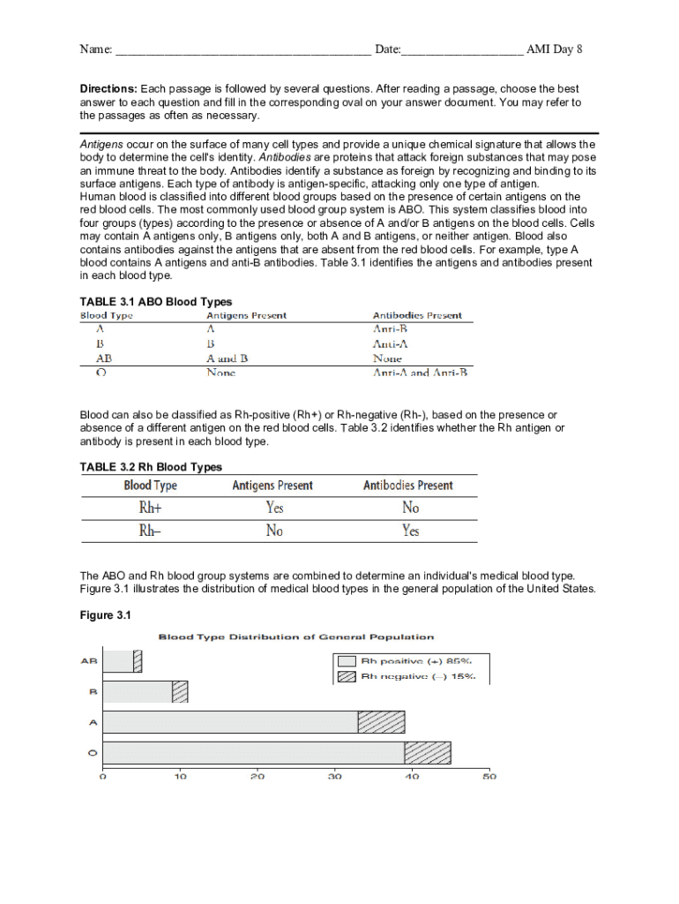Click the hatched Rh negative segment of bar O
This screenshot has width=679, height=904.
428,752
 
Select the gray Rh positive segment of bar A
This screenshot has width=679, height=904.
230,721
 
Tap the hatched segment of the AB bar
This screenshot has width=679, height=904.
138,661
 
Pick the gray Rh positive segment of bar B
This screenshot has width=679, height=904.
138,691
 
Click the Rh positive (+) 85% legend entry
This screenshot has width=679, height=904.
407,660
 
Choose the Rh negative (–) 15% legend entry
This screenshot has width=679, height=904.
407,676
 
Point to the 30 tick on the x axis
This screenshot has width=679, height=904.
334,777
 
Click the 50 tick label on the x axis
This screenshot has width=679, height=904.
489,777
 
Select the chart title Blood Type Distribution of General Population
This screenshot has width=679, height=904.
295,637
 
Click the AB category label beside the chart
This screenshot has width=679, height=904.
89,660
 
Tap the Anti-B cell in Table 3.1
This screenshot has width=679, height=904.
389,329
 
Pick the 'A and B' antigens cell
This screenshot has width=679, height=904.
228,359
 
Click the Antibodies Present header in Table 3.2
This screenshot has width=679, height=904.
408,486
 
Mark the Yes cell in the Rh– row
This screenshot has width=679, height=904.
411,531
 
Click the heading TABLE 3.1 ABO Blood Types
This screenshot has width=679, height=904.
156,302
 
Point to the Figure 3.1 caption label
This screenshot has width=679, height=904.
105,615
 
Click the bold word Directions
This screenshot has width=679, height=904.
108,89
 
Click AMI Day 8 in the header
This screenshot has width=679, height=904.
554,49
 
